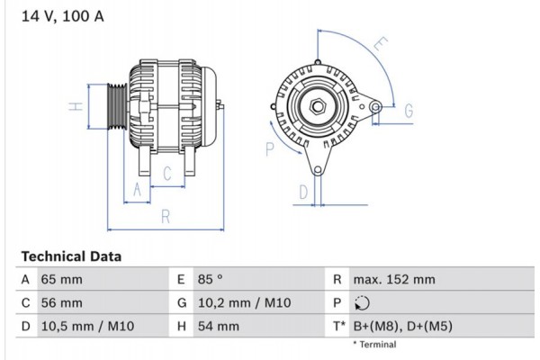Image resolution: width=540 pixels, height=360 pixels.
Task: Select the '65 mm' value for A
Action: coord(61,280)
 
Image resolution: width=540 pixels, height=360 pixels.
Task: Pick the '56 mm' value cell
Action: coord(61,303)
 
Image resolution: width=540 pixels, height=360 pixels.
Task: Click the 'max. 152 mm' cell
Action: coord(396,280)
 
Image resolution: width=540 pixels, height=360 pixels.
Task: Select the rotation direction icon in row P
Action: coord(363,303)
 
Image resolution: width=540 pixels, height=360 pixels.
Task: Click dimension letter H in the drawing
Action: coord(78,106)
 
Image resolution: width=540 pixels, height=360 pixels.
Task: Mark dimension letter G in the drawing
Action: coord(408,111)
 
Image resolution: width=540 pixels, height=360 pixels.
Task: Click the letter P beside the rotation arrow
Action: coord(269,149)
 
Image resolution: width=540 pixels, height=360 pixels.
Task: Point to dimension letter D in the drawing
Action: coord(303,191)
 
